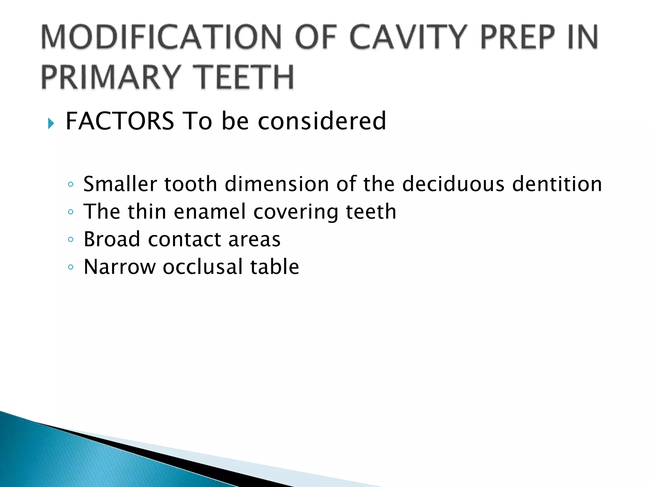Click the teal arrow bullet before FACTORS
[x=51, y=123]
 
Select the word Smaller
[x=120, y=184]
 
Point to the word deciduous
[x=453, y=184]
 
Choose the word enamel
[x=210, y=211]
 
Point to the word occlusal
[x=202, y=267]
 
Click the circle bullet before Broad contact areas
[x=70, y=240]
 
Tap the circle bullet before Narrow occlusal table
[x=70, y=267]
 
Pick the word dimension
[x=276, y=184]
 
